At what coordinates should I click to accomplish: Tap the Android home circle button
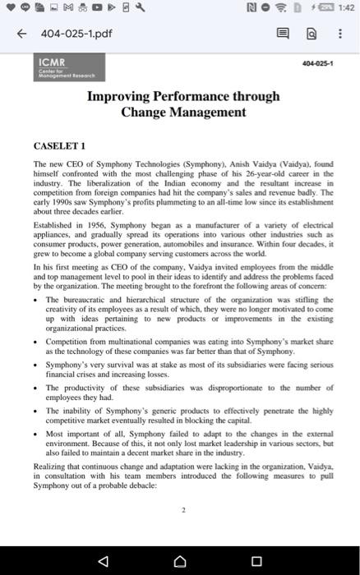pyautogui.click(x=180, y=555)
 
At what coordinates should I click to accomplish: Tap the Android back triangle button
pyautogui.click(x=103, y=555)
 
